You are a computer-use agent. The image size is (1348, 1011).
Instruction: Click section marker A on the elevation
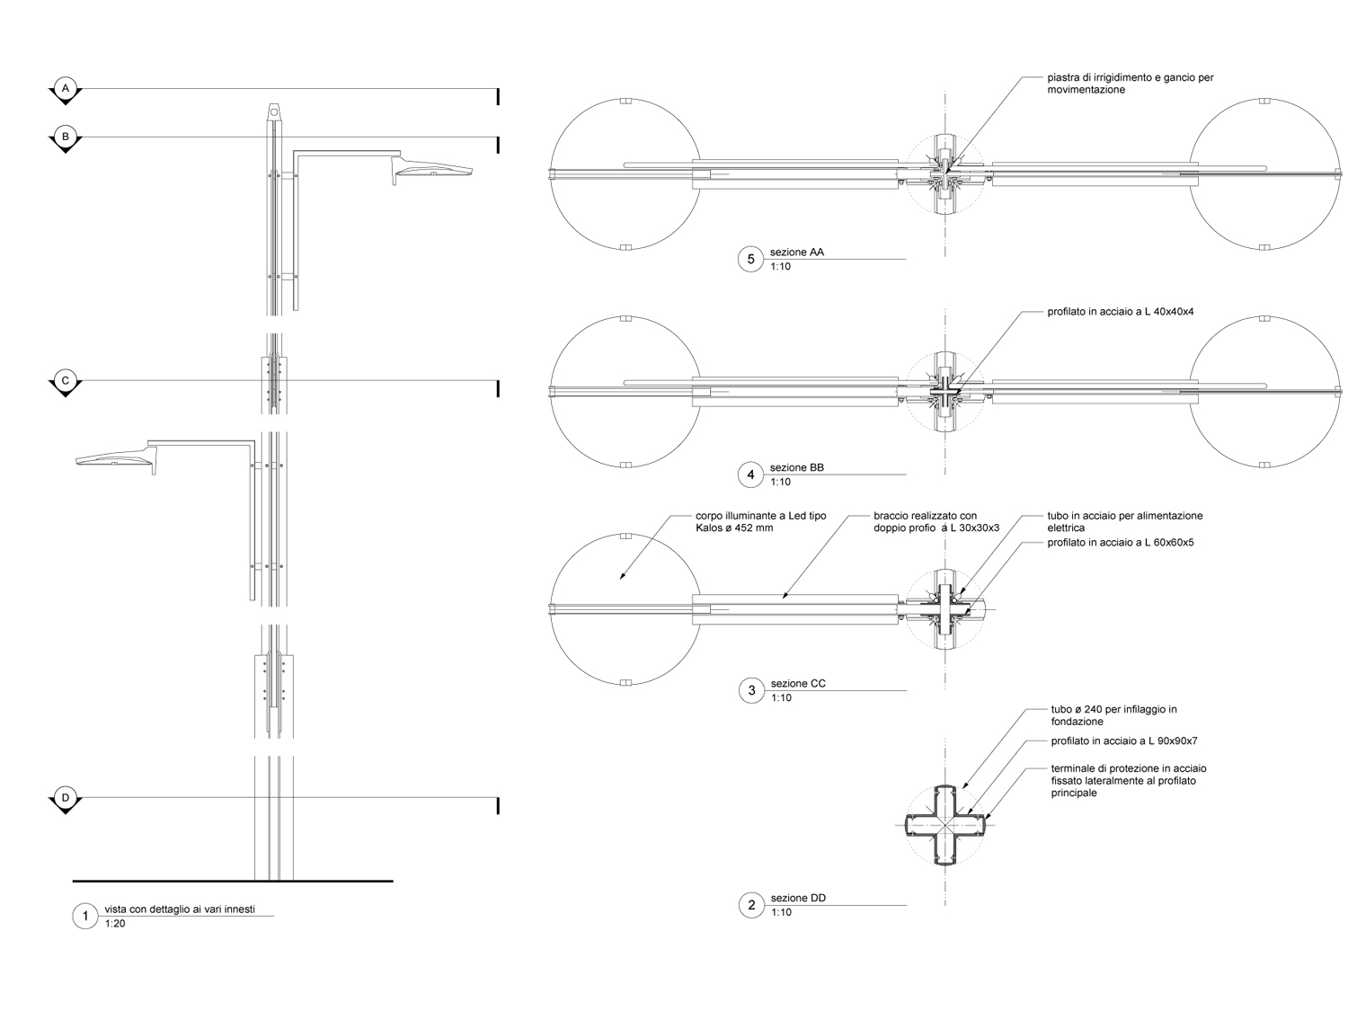[65, 89]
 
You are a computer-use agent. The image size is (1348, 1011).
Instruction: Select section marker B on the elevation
[65, 137]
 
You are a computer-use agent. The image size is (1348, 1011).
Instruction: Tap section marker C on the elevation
[65, 381]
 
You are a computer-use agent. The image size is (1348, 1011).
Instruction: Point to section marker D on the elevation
[65, 797]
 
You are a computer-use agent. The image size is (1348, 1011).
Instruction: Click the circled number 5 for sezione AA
[751, 260]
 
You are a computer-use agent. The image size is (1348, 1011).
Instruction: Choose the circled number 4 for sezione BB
[751, 474]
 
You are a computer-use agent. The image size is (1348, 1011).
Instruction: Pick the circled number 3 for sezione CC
[751, 690]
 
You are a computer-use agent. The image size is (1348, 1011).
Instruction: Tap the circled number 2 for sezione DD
[751, 905]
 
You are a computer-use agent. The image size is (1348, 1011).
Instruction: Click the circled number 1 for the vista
[84, 917]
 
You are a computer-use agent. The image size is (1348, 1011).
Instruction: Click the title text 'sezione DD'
[798, 899]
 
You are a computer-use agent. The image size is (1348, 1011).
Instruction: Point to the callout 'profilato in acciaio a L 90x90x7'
[1124, 741]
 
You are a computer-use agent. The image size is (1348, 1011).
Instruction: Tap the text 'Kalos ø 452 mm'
[734, 528]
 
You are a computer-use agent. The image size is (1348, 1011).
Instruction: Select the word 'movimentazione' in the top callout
[1086, 90]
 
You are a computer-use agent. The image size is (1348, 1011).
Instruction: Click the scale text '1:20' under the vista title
[115, 924]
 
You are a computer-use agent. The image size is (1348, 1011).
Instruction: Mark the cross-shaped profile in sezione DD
[945, 823]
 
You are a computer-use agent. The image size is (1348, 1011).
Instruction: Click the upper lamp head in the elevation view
[433, 171]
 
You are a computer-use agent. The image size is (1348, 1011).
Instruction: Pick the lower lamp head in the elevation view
[115, 460]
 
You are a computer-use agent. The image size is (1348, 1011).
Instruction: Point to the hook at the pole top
[273, 112]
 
